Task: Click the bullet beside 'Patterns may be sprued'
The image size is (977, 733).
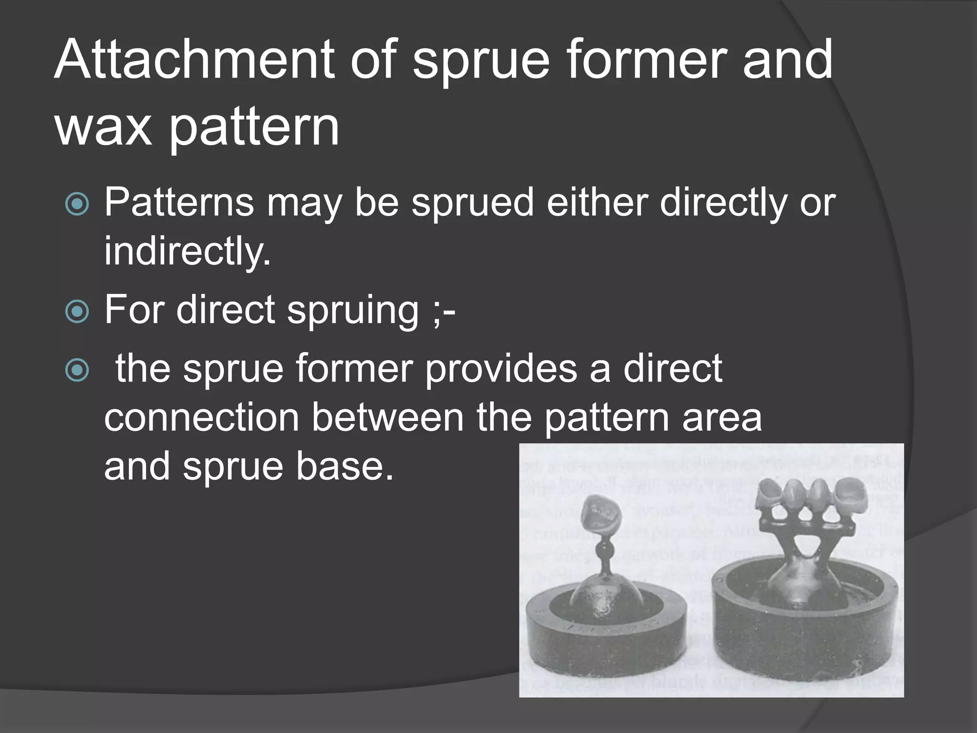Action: tap(77, 204)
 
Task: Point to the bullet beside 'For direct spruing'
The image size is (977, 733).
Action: tap(77, 312)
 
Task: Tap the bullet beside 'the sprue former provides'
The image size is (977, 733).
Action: tap(77, 370)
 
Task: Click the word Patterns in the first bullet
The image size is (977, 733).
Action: tap(179, 202)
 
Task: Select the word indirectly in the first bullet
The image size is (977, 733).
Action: tap(187, 251)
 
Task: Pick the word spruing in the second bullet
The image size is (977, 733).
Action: tap(353, 310)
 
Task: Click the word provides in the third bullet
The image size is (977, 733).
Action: tap(500, 368)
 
